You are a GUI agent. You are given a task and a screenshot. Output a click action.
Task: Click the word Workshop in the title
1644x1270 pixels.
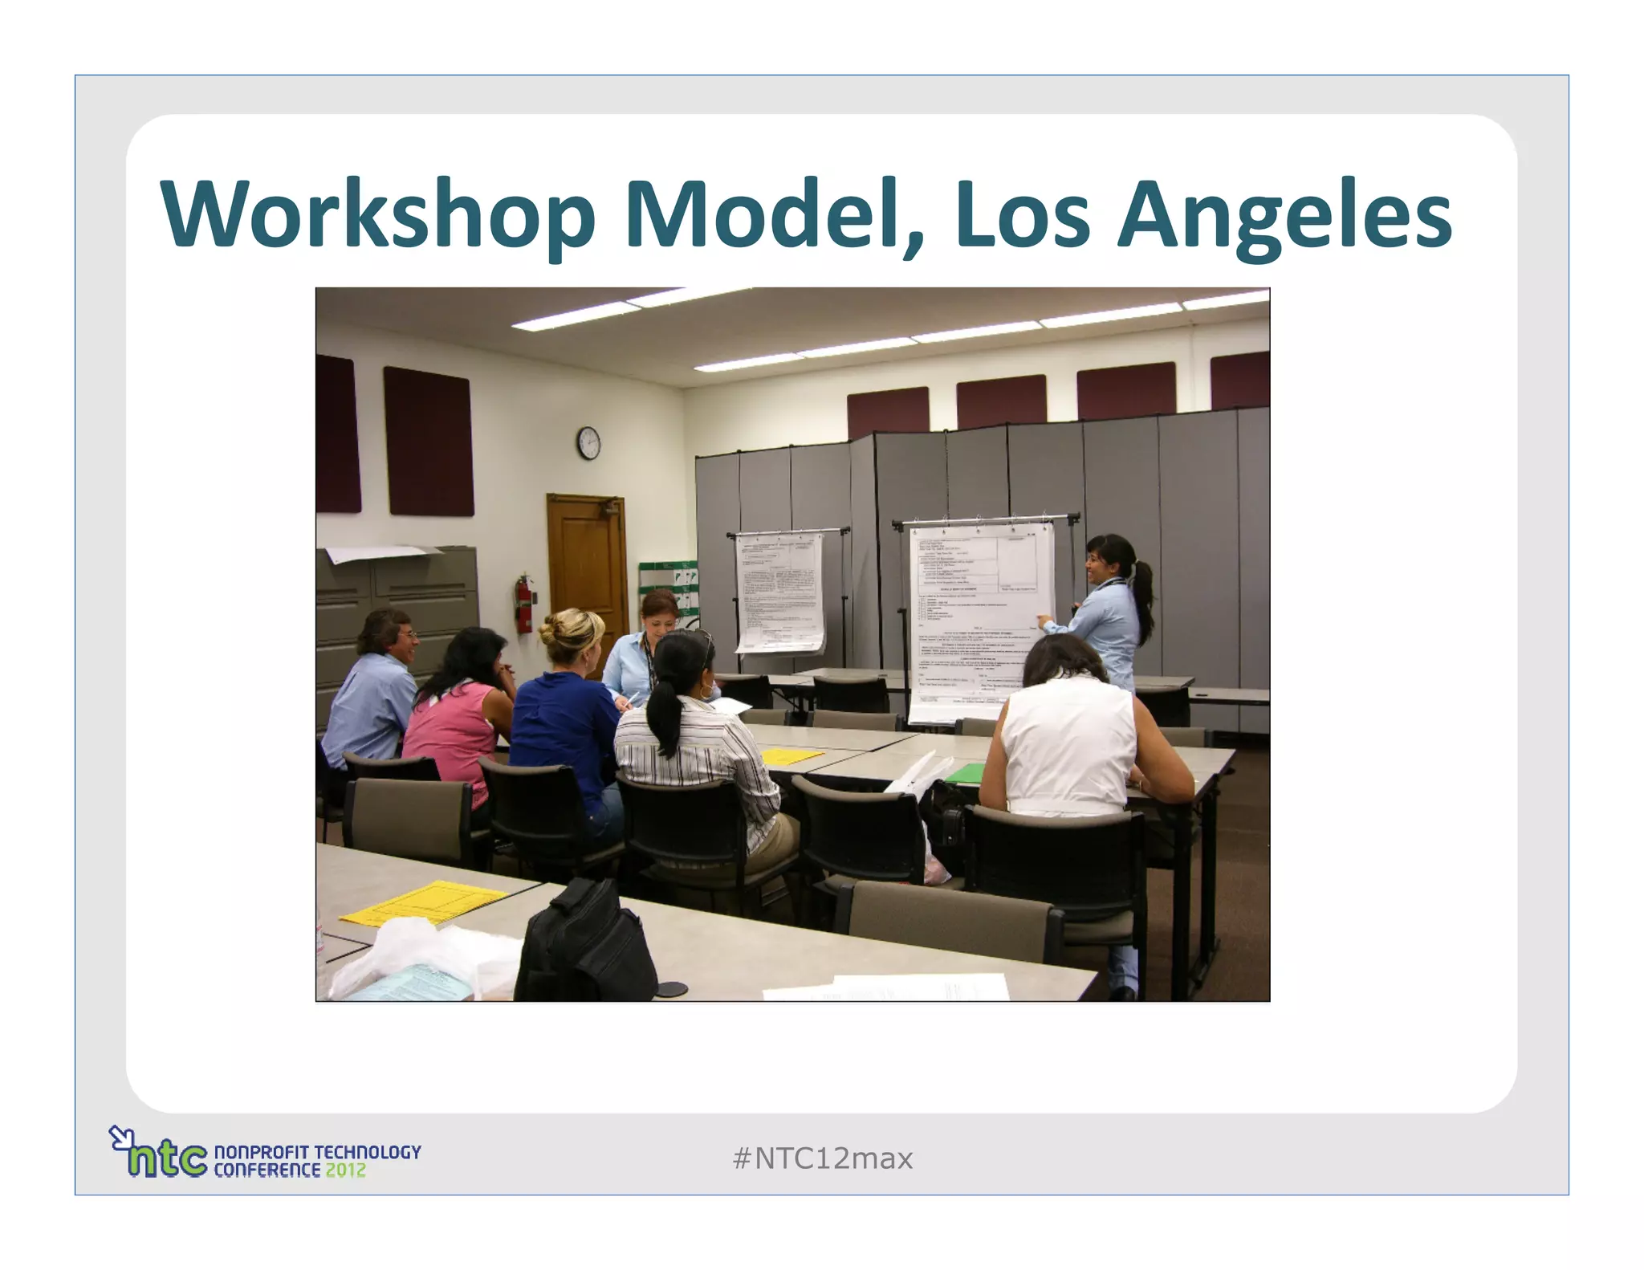[377, 215]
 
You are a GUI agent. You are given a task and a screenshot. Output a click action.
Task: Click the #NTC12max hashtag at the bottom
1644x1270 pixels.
[823, 1158]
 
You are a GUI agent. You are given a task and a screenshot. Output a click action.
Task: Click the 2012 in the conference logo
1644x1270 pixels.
[345, 1170]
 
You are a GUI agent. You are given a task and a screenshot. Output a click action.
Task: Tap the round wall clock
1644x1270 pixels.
[588, 443]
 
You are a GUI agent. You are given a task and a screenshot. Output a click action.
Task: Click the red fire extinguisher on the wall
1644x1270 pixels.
[524, 604]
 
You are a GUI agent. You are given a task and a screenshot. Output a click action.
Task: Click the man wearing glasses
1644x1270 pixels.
[377, 682]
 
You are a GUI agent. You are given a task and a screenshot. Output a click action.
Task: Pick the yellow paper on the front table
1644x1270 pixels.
[425, 903]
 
